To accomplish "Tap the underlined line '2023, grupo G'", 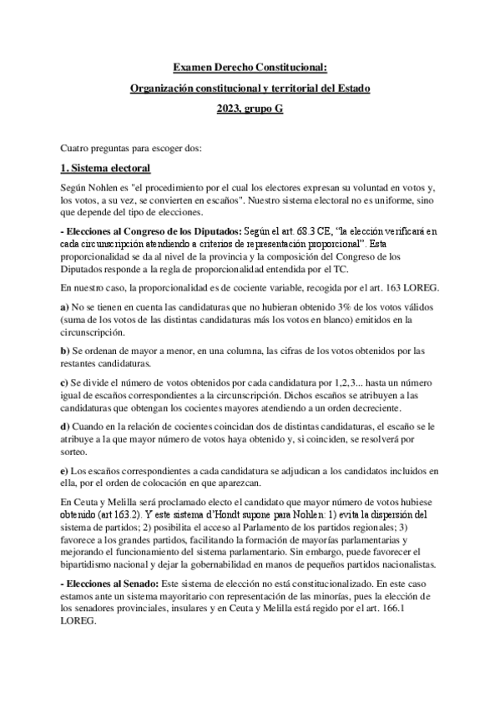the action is coord(250,109).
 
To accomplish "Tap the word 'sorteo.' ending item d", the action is coord(73,451).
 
